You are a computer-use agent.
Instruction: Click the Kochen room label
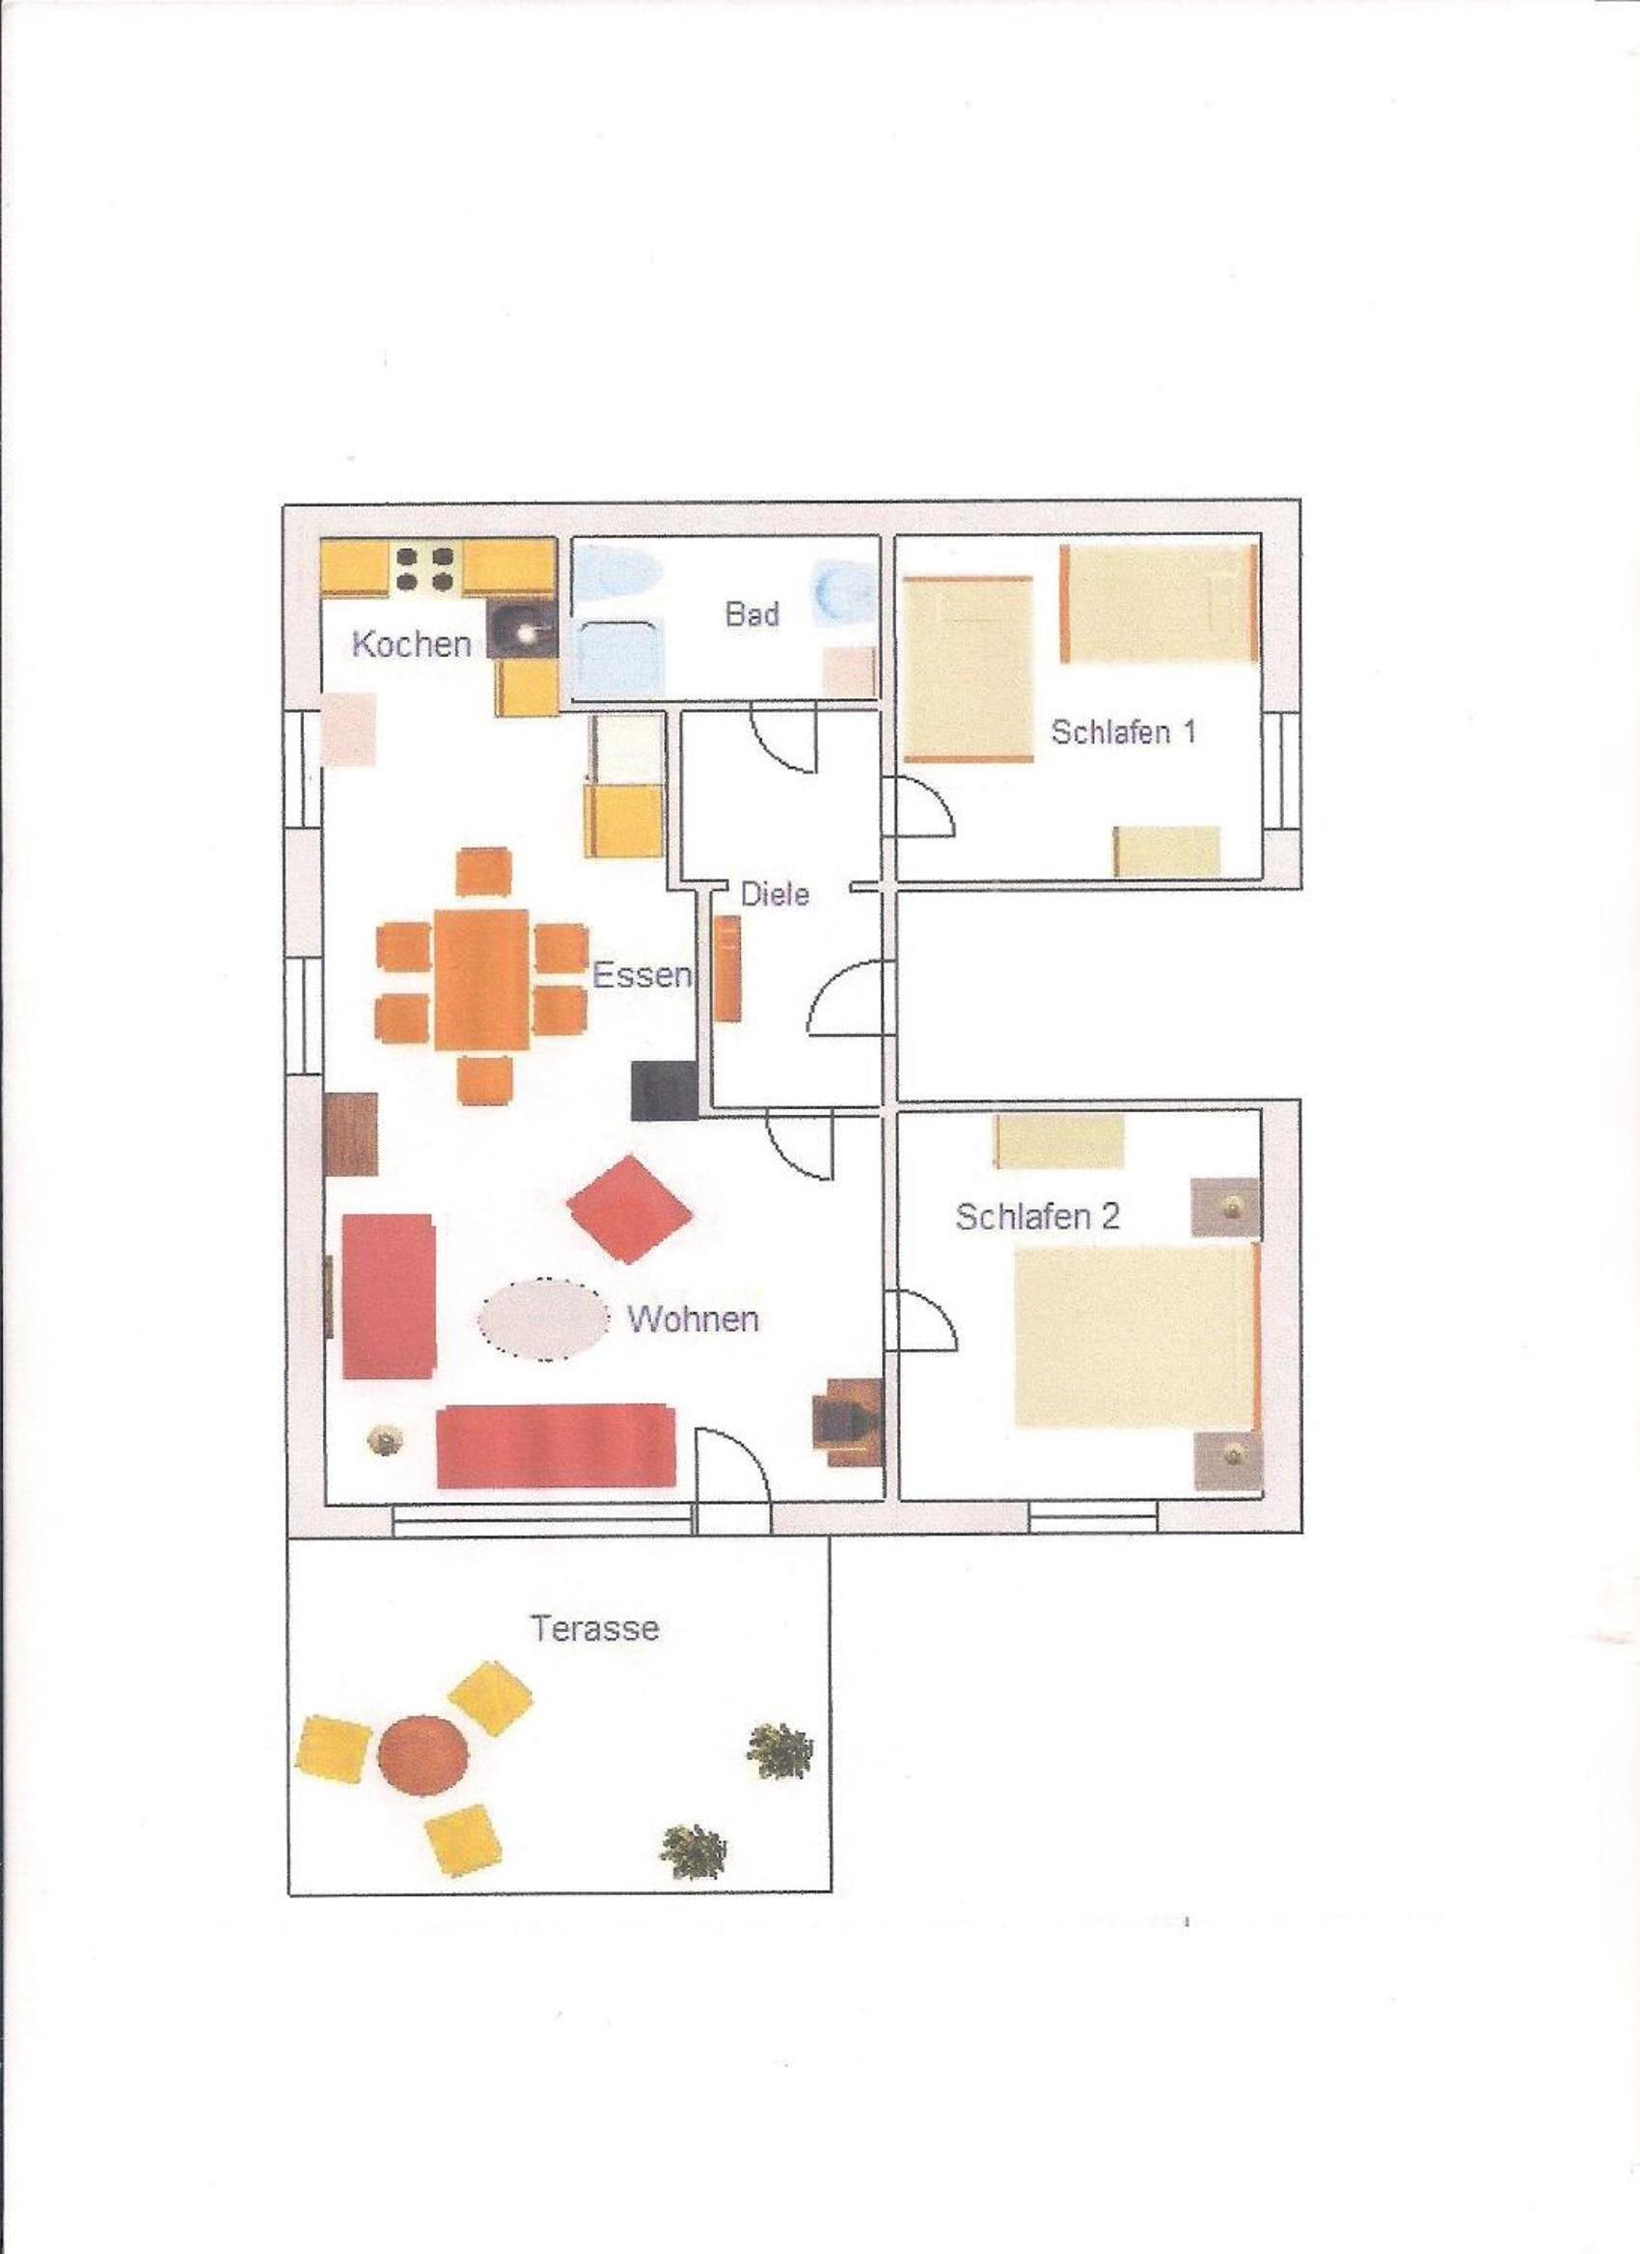[x=412, y=644]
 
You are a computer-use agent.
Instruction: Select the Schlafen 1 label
[x=1123, y=732]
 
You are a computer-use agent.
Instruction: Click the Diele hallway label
[x=776, y=893]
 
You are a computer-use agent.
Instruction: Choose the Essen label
[x=642, y=975]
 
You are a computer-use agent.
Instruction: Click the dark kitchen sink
[x=522, y=630]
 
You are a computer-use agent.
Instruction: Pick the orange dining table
[x=481, y=978]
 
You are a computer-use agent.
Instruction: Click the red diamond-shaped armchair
[x=629, y=1208]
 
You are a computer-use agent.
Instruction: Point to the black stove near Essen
[x=664, y=1090]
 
